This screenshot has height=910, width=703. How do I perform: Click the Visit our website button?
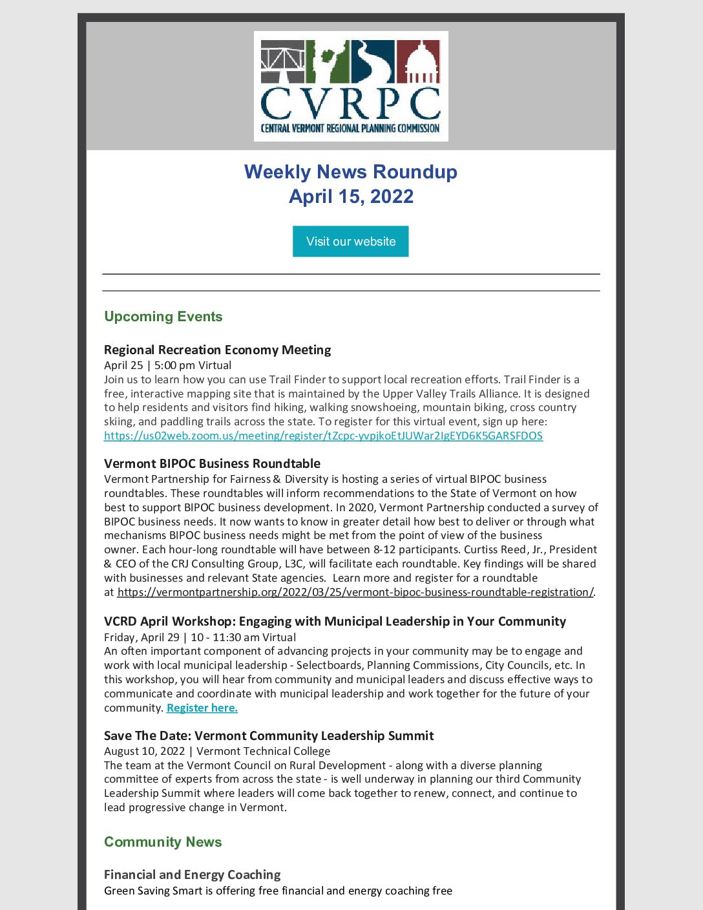[x=350, y=241]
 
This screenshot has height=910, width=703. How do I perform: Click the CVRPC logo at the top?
[x=350, y=86]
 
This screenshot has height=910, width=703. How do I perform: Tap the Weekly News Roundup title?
[x=350, y=172]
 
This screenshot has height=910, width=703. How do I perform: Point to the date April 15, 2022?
[x=350, y=196]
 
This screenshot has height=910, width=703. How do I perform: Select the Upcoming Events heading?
[x=163, y=317]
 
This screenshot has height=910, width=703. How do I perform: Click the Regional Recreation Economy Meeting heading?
[x=217, y=350]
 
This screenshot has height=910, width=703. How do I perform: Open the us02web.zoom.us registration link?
[x=323, y=436]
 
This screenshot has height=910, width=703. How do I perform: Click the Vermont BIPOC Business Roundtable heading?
[x=212, y=463]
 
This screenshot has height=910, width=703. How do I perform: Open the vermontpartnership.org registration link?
[x=355, y=592]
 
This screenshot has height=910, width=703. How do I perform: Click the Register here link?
[x=202, y=708]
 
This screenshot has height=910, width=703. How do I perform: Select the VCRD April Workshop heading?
[x=335, y=621]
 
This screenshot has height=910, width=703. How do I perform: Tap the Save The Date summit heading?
[x=269, y=735]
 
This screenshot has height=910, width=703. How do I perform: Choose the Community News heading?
[x=163, y=842]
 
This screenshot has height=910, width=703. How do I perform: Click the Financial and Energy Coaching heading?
[x=192, y=874]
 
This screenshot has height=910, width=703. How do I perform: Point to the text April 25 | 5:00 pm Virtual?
[x=167, y=365]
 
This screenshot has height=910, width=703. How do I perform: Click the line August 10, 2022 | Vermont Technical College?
[x=216, y=751]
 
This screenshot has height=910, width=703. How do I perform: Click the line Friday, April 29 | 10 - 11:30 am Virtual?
[x=200, y=637]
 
